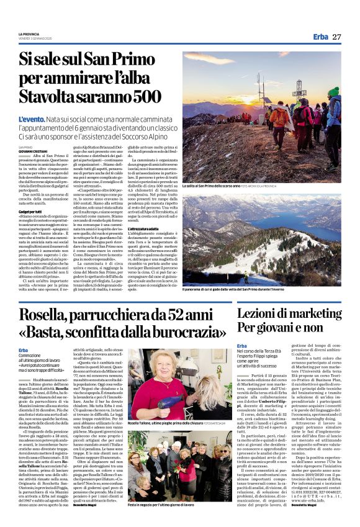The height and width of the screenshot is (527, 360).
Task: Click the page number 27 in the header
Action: coord(336,37)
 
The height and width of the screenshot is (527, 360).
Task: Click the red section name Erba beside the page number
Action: coord(320,37)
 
